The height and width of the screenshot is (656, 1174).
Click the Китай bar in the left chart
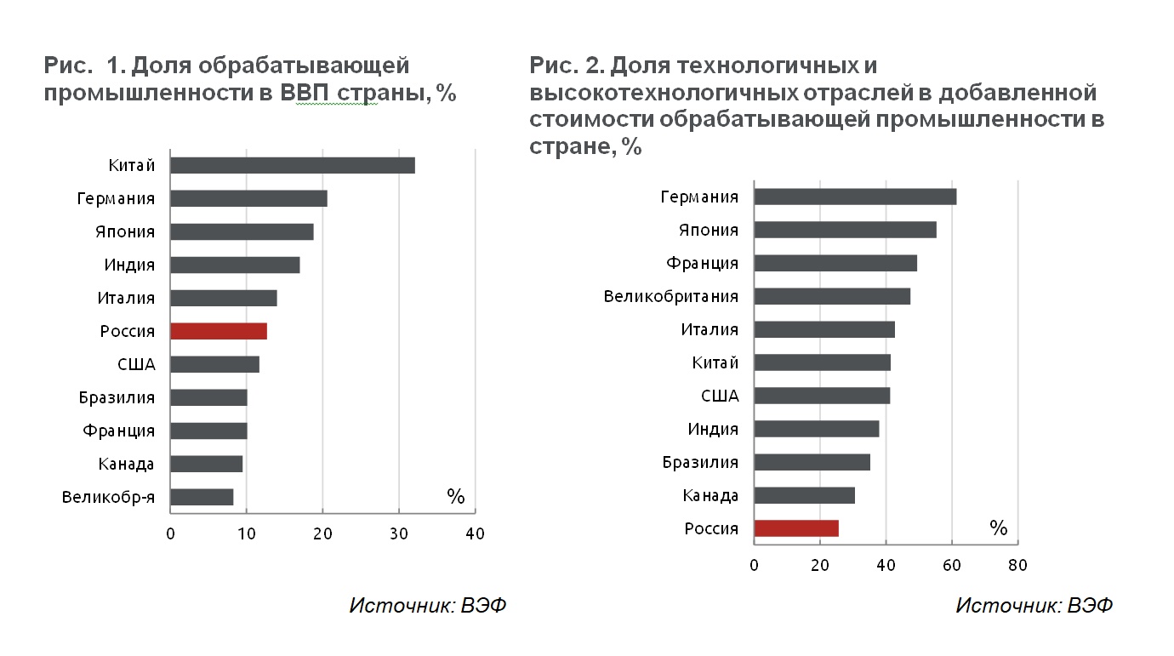(x=293, y=165)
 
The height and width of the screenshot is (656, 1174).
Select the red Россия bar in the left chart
(x=219, y=331)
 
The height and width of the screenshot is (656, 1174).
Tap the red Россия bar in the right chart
(x=796, y=528)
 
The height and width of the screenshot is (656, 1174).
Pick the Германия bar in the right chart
(x=855, y=197)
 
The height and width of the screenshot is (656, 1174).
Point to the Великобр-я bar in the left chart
(x=202, y=497)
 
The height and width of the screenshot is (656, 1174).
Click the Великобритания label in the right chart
(x=671, y=296)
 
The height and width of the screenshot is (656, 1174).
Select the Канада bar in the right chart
(x=805, y=495)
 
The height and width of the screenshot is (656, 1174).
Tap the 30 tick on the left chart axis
(x=399, y=533)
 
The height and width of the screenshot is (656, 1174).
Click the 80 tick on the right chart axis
(x=1017, y=565)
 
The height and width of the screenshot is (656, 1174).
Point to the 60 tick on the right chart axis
(x=952, y=565)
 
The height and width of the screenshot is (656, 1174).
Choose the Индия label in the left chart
(x=129, y=265)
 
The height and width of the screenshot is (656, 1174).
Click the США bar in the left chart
(x=215, y=364)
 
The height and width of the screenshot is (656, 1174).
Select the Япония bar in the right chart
(x=846, y=230)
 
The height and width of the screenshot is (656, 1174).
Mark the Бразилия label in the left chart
(x=117, y=397)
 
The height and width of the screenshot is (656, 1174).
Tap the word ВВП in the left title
(x=305, y=93)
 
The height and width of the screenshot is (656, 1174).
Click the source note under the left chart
(x=428, y=605)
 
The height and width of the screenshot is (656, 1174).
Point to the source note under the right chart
(x=1034, y=605)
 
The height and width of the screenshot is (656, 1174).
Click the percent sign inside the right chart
(x=999, y=528)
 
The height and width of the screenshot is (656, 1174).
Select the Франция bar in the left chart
(x=208, y=431)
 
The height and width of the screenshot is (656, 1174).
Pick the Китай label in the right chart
(x=715, y=362)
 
